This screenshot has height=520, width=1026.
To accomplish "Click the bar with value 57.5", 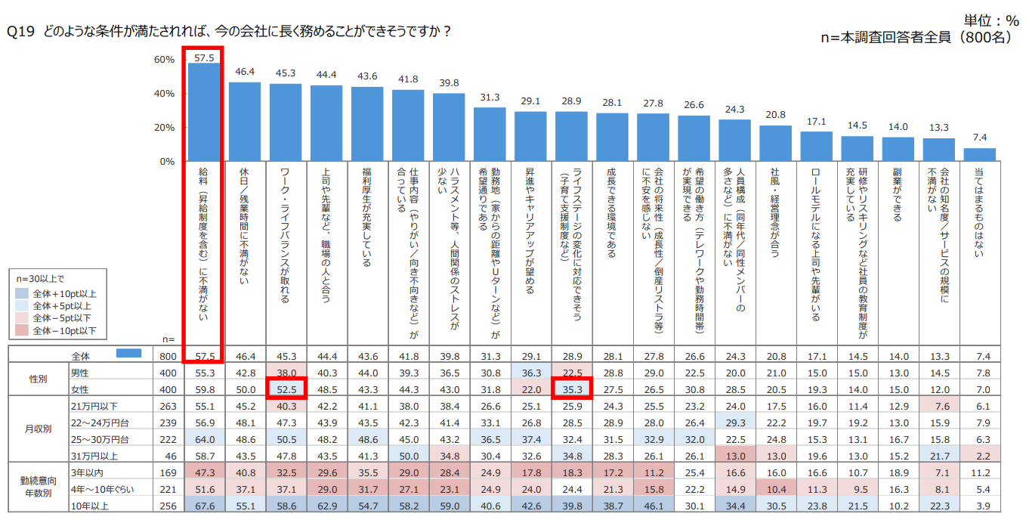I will (204, 112).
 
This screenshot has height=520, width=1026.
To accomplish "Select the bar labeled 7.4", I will (979, 155).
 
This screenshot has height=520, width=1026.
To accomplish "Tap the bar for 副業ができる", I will (898, 150).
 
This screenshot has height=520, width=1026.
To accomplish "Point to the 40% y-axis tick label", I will (165, 94).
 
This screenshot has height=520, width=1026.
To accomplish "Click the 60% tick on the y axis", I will (165, 60).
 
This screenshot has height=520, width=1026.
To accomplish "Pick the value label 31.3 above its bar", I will (490, 97).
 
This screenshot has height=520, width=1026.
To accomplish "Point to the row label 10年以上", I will (83, 505).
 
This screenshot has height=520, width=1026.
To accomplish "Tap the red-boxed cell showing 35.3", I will (571, 389).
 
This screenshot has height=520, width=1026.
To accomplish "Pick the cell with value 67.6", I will (205, 505).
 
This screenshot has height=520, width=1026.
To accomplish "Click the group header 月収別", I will (38, 429).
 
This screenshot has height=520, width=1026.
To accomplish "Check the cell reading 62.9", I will (326, 505).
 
